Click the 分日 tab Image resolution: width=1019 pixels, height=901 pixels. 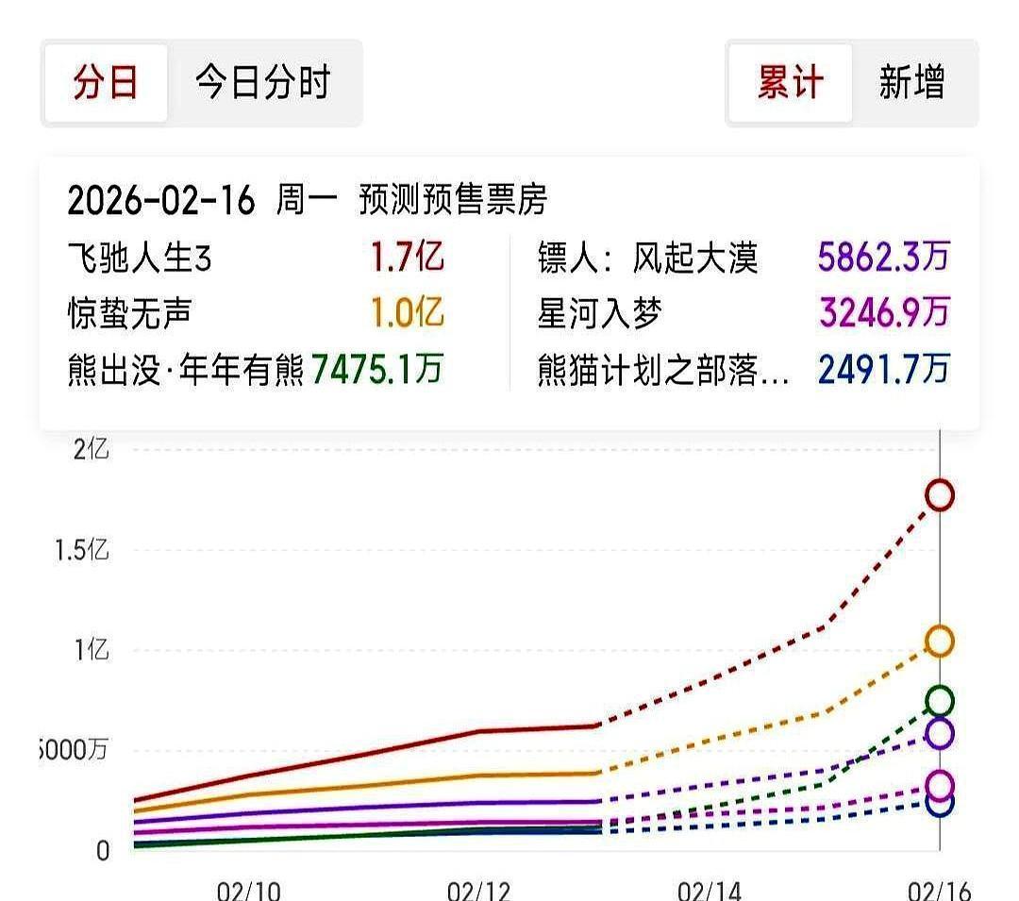click(x=106, y=83)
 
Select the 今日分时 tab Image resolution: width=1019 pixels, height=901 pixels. click(x=263, y=83)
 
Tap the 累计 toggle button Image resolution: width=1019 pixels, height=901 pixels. click(x=790, y=83)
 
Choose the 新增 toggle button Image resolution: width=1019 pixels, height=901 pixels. click(x=911, y=83)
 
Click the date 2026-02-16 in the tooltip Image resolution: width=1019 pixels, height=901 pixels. click(x=161, y=200)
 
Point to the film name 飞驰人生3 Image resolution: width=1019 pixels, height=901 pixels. click(x=140, y=258)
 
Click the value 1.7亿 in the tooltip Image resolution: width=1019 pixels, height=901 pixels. click(x=407, y=258)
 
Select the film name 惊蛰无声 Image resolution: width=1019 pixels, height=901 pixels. click(x=129, y=313)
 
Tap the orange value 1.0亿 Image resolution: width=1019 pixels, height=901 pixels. click(x=407, y=313)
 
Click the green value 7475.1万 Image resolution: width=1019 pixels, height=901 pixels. click(x=376, y=369)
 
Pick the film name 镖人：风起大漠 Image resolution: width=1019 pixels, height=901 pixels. click(x=647, y=258)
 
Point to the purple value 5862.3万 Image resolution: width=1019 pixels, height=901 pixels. click(x=883, y=258)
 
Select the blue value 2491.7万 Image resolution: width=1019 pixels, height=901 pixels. click(x=883, y=369)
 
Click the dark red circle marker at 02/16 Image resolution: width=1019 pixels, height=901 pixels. click(x=940, y=494)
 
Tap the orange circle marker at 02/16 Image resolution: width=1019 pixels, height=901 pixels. click(x=940, y=642)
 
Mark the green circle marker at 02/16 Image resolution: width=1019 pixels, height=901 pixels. click(x=940, y=701)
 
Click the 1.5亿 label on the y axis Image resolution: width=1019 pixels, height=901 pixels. click(x=82, y=550)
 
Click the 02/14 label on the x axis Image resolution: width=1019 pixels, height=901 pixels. click(x=709, y=889)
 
